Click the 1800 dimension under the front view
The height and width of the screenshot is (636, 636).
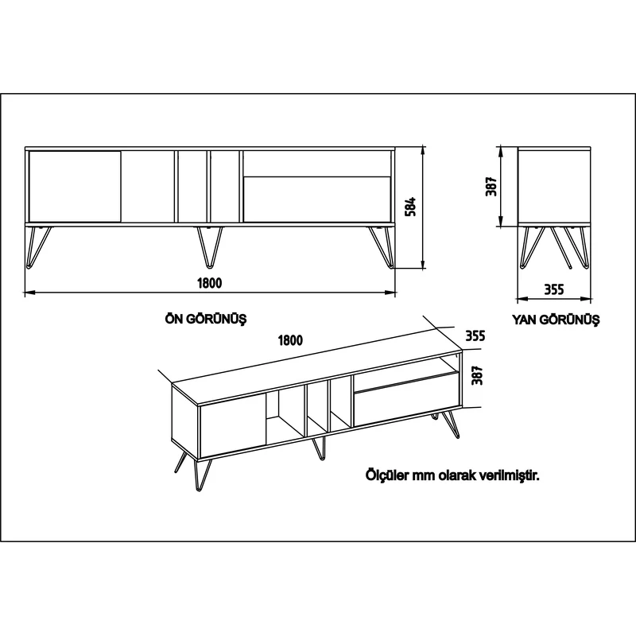point(210,283)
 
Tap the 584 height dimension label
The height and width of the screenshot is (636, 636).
point(411,207)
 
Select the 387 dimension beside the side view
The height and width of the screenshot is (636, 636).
point(491,187)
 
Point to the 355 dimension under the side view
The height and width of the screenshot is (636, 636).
point(553,289)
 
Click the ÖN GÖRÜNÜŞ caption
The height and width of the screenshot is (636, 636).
point(206,319)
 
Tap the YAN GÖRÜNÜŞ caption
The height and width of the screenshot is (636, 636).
point(555,320)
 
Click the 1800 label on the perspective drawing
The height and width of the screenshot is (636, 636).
point(290,340)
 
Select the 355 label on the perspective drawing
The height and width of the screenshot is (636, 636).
point(475,335)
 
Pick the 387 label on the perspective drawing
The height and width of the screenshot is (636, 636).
point(478,375)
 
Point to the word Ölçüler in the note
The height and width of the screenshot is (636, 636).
point(388,475)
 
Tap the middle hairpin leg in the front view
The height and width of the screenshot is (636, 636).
point(210,247)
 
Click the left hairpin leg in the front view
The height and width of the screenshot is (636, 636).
point(38,247)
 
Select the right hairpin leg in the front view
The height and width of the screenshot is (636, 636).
point(382,247)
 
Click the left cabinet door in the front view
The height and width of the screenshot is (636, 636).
point(75,187)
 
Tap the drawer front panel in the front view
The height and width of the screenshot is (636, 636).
point(316,200)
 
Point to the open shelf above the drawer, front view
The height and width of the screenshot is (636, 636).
point(316,164)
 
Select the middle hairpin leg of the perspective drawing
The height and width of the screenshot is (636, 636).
point(319,448)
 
